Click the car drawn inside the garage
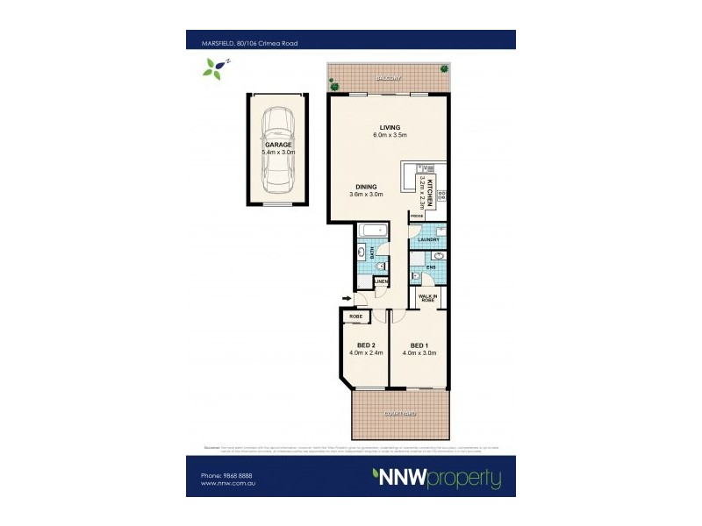coord(278,150)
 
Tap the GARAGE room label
coord(278,145)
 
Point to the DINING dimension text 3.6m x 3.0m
coord(366,194)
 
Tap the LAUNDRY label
coord(428,239)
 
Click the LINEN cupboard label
coord(382,281)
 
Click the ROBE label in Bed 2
coord(356,316)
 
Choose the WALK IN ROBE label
coord(429,299)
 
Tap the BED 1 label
coord(419,345)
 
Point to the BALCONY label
coord(390,78)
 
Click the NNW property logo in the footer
coord(437,479)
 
